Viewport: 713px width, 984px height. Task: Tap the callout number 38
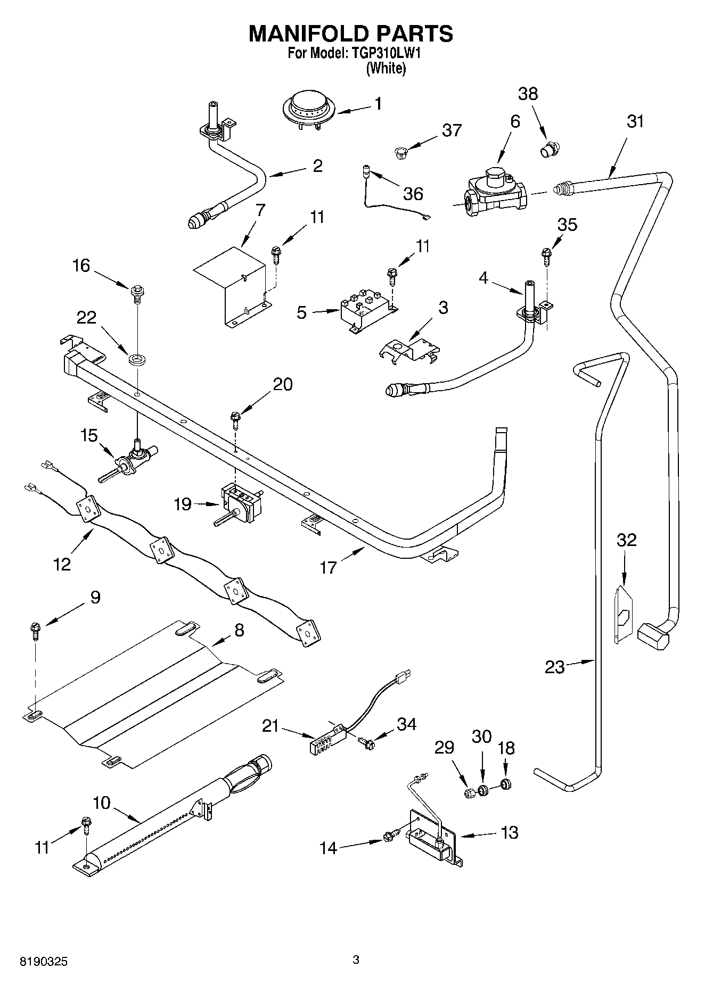(x=528, y=94)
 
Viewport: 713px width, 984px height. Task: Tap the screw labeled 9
(x=36, y=631)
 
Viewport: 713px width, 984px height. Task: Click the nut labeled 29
(x=470, y=793)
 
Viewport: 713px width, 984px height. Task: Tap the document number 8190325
(x=44, y=962)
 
